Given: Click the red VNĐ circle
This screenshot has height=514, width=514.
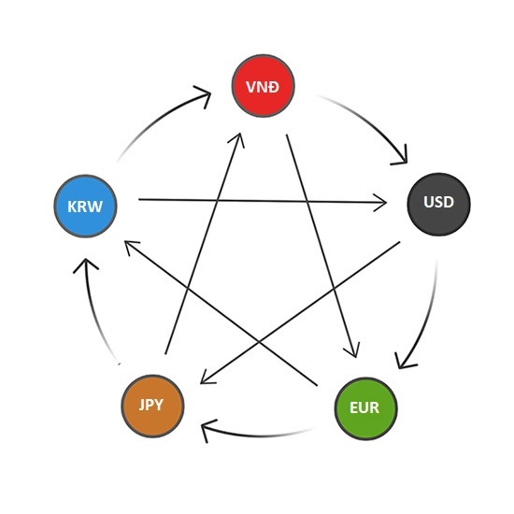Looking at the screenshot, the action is click(x=263, y=86).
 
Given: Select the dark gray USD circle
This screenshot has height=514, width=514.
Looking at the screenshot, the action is click(x=438, y=205).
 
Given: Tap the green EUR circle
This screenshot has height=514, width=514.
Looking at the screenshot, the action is click(x=365, y=408).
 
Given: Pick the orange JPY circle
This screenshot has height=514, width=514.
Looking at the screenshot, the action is click(x=152, y=406).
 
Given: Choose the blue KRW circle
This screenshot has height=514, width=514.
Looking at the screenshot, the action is click(x=86, y=207).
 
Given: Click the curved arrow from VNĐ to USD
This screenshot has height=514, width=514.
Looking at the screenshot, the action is click(x=370, y=121).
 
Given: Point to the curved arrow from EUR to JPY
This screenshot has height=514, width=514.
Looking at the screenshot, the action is click(x=259, y=435).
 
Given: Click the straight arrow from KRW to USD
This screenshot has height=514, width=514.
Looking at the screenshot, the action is click(x=263, y=201).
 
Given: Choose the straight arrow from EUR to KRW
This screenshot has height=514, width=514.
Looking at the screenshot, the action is click(x=221, y=313).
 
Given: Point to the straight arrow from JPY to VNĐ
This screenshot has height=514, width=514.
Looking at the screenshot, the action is click(x=204, y=243).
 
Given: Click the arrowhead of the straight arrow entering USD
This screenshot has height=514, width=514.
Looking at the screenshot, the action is click(x=381, y=203).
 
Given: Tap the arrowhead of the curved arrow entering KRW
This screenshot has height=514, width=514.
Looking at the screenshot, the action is click(x=86, y=264).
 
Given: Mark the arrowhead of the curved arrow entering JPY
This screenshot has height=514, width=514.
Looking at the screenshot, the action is click(x=207, y=430).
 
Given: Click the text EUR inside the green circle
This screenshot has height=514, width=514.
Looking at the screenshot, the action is click(x=364, y=408).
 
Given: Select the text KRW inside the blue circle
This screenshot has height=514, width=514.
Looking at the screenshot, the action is click(x=85, y=207).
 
